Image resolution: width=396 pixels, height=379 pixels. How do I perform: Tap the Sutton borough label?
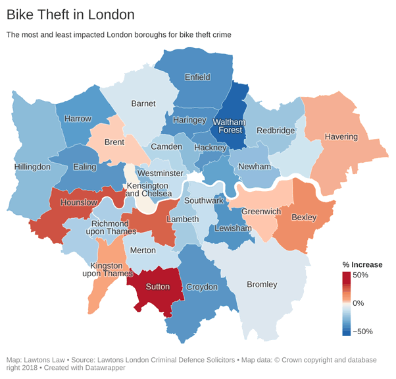pyautogui.click(x=157, y=287)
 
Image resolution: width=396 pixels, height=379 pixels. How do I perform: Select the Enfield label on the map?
pyautogui.click(x=197, y=77)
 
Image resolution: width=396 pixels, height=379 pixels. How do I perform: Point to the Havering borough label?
pyautogui.click(x=341, y=137)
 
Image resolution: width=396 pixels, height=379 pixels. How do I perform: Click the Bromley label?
pyautogui.click(x=262, y=285)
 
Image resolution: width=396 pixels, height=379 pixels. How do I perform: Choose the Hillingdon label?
pyautogui.click(x=32, y=167)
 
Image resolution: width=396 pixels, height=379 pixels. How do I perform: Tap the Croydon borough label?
pyautogui.click(x=201, y=287)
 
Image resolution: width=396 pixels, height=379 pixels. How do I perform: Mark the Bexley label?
pyautogui.click(x=303, y=217)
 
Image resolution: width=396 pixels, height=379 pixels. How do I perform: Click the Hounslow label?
pyautogui.click(x=79, y=202)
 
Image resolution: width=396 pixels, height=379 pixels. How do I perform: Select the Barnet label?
pyautogui.click(x=143, y=103)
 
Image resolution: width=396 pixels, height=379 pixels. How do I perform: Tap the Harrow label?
pyautogui.click(x=78, y=119)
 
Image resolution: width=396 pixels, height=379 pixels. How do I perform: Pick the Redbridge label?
pyautogui.click(x=276, y=131)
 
